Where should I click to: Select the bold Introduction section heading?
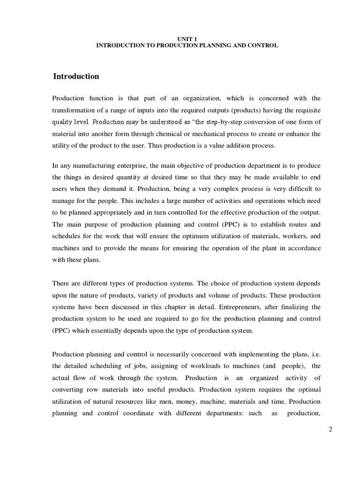76,76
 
